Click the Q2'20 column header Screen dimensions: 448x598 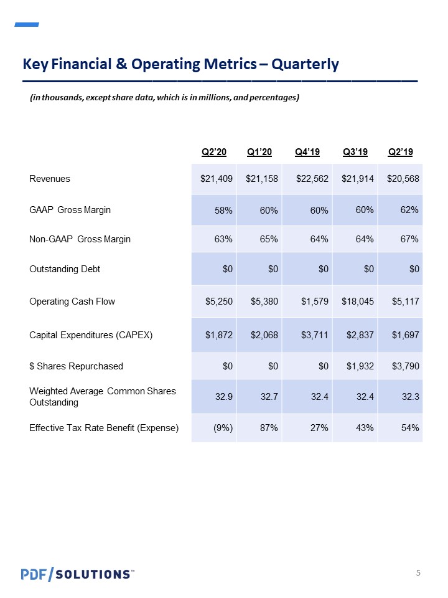pos(213,152)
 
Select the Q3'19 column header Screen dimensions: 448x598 pos(355,152)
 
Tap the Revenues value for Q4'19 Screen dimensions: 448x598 pos(312,179)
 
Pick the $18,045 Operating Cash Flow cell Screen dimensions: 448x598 pos(357,301)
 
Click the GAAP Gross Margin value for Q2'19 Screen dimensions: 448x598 pos(409,210)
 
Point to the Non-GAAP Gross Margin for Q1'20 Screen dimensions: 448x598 pos(269,239)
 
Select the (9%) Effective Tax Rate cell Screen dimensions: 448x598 pos(223,428)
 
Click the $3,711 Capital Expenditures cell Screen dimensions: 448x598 pos(314,335)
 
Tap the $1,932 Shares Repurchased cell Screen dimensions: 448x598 pos(360,366)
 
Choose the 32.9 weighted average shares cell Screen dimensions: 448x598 pos(223,397)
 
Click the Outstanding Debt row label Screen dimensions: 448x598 pos(64,269)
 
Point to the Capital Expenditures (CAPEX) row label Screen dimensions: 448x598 pos(91,335)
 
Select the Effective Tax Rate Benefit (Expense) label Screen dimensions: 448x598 pos(104,428)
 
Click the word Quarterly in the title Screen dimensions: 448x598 pos(305,64)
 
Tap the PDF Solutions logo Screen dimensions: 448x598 pos(78,574)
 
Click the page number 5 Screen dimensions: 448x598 pos(418,572)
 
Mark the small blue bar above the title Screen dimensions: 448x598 pos(27,24)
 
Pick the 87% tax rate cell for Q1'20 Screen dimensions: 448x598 pos(269,428)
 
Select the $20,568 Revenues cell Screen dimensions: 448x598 pos(403,179)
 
